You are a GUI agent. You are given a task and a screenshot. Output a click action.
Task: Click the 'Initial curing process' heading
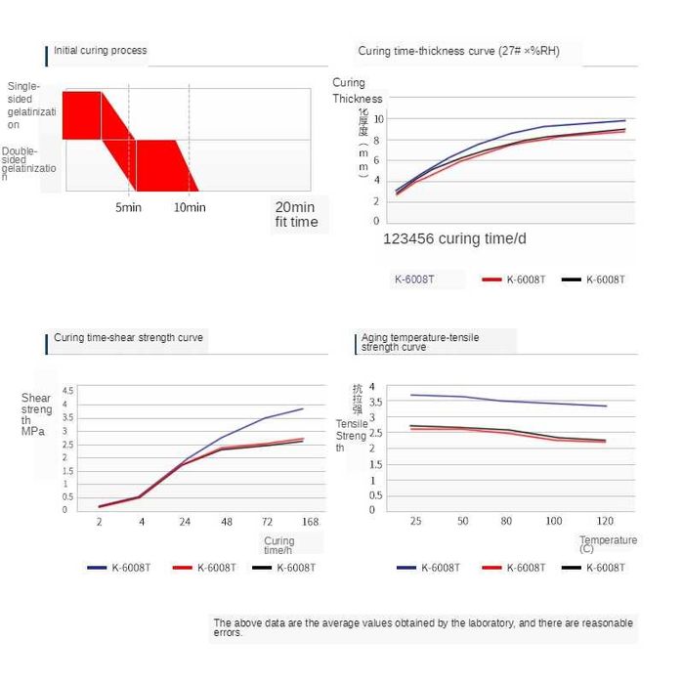[x=100, y=51]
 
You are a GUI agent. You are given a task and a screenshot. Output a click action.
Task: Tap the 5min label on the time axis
[x=129, y=207]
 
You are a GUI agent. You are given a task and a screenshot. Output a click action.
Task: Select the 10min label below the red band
[x=190, y=207]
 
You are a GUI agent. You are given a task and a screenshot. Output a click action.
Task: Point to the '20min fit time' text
[x=295, y=214]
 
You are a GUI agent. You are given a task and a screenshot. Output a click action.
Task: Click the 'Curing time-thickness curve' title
[x=458, y=51]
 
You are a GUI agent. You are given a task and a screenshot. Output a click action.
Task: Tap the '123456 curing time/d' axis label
[x=455, y=238]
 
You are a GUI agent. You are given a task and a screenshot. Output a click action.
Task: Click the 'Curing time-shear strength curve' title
[x=128, y=337]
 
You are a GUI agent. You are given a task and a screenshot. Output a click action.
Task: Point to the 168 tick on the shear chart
[x=310, y=523]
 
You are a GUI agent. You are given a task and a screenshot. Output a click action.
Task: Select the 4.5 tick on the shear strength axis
[x=67, y=391]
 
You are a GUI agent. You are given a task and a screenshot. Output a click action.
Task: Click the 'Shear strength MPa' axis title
[x=36, y=414]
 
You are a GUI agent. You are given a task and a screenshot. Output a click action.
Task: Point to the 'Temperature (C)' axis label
[x=607, y=544]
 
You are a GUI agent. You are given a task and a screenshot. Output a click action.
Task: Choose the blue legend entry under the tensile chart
[x=428, y=567]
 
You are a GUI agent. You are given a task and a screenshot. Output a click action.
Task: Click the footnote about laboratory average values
[x=422, y=627]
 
